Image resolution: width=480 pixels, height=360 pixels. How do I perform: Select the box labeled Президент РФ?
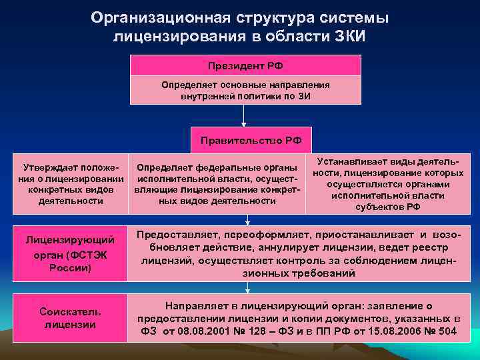pyautogui.click(x=245, y=65)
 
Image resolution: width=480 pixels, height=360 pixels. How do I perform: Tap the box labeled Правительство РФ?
pyautogui.click(x=247, y=140)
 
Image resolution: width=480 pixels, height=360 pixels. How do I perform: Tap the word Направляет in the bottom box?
pyautogui.click(x=194, y=305)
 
